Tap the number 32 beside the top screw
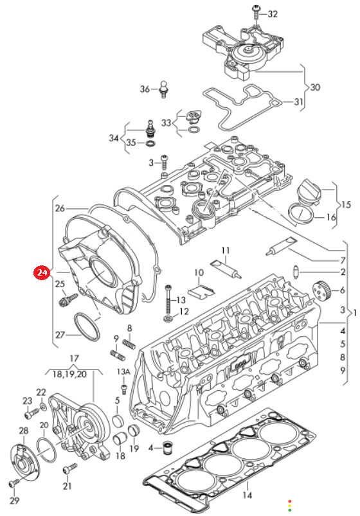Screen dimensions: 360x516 point(273,14)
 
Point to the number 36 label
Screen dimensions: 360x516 point(145,89)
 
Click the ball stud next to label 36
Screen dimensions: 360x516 point(164,89)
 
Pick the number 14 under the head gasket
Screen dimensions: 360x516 point(247,495)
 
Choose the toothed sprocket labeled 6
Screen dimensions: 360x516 point(320,290)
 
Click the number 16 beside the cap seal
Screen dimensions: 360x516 point(330,217)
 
